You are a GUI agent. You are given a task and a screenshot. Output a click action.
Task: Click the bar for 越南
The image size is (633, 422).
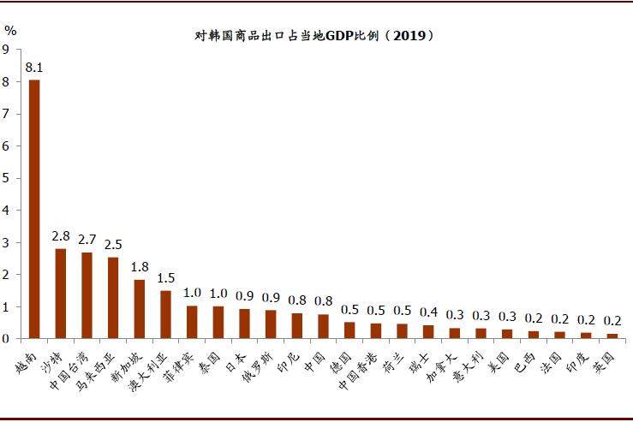pyautogui.click(x=34, y=209)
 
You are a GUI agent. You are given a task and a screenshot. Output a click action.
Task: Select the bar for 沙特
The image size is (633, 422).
pyautogui.click(x=61, y=294)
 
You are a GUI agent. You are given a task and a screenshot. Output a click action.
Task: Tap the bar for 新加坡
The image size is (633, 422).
pyautogui.click(x=140, y=309)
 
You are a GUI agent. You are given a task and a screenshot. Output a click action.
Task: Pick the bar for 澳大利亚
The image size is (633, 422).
pyautogui.click(x=165, y=314)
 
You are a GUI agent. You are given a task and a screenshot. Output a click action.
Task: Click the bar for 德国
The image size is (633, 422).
pyautogui.click(x=349, y=330)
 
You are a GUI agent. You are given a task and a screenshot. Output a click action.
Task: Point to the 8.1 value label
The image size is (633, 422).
pyautogui.click(x=34, y=67)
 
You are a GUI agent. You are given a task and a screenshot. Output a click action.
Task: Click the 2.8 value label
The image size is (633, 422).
pyautogui.click(x=61, y=235)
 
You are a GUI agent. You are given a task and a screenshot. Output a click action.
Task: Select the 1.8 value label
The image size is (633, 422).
pyautogui.click(x=140, y=266)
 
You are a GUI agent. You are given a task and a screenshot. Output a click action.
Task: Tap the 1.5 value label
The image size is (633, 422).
pyautogui.click(x=165, y=277)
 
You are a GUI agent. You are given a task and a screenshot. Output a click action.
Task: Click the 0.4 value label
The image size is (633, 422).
pyautogui.click(x=428, y=312)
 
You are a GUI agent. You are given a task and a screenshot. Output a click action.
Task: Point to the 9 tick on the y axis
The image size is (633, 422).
pyautogui.click(x=6, y=50)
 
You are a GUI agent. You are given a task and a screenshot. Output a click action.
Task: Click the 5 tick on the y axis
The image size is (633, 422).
pyautogui.click(x=6, y=178)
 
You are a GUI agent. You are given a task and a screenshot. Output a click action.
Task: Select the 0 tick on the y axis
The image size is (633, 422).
pyautogui.click(x=6, y=339)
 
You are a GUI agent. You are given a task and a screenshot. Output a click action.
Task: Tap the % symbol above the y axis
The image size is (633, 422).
pyautogui.click(x=10, y=30)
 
